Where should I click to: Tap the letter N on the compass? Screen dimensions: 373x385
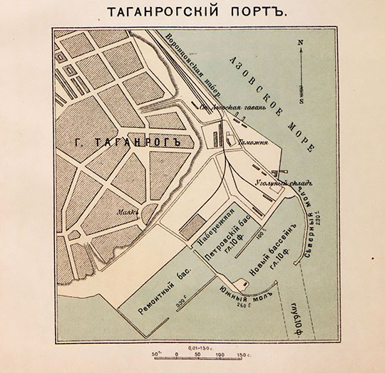(302, 42)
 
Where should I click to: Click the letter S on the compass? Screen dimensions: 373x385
(302, 101)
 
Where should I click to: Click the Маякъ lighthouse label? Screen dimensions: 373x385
(128, 211)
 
